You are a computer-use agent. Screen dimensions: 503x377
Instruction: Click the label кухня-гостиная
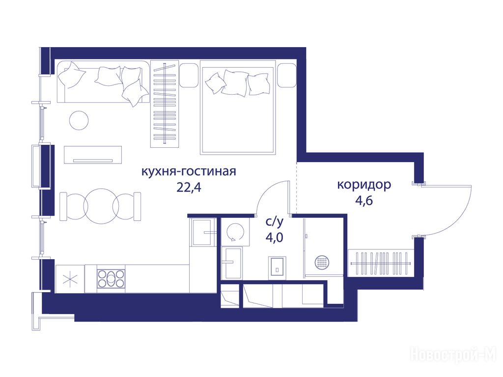(x=189, y=171)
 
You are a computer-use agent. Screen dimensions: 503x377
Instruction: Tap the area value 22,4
(x=189, y=188)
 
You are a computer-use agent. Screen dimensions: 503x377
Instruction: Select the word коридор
(x=364, y=185)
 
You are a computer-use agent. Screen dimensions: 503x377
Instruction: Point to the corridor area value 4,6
(x=364, y=201)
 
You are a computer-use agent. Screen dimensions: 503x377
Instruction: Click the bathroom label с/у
(x=275, y=221)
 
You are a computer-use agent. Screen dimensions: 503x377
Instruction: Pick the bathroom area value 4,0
(x=274, y=238)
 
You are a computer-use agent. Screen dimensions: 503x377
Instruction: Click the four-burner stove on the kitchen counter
(x=111, y=278)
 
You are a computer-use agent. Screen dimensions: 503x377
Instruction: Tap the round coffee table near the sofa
(x=79, y=120)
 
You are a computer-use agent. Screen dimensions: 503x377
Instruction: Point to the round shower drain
(x=322, y=263)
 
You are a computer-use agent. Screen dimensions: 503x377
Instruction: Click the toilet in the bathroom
(x=277, y=267)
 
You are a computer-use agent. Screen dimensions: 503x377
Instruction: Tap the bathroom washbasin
(x=232, y=263)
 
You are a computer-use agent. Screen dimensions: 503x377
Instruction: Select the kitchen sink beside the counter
(x=202, y=232)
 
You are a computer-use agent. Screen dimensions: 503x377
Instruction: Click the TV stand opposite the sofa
(x=93, y=155)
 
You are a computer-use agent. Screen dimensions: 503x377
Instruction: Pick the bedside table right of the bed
(x=286, y=75)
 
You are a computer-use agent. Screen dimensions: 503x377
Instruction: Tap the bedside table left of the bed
(x=188, y=75)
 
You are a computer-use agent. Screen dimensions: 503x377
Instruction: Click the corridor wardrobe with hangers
(x=381, y=263)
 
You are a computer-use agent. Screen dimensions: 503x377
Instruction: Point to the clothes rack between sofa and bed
(x=165, y=104)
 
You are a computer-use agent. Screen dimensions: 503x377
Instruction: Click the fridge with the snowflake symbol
(x=70, y=279)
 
